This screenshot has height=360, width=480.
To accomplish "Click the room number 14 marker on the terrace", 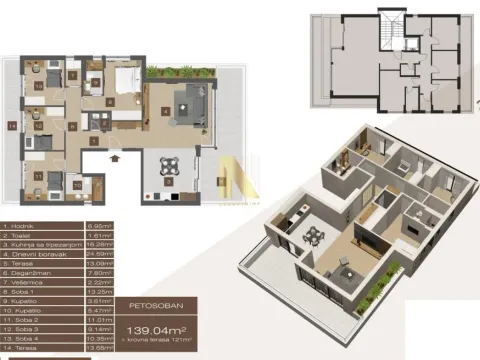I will point(11,126).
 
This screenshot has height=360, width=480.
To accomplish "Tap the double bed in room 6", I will point(128,80).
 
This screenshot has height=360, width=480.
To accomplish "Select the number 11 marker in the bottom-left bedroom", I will point(39,176).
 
